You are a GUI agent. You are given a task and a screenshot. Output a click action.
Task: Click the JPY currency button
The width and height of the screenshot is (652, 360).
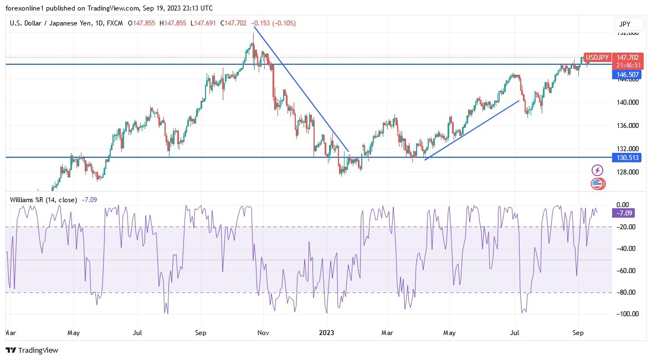coord(629,24)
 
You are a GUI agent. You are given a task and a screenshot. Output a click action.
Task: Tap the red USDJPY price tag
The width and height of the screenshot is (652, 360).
coord(598,58)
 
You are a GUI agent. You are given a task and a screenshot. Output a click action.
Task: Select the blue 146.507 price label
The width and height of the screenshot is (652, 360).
coord(627,74)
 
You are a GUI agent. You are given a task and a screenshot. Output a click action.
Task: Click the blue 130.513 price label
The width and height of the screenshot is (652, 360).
coord(627,158)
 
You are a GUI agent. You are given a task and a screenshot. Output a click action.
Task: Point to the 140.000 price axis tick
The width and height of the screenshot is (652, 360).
coord(628,102)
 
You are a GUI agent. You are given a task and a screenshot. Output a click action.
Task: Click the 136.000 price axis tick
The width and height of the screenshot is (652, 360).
coord(628,126)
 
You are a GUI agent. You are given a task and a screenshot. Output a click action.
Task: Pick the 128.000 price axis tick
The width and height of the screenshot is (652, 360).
coord(628,172)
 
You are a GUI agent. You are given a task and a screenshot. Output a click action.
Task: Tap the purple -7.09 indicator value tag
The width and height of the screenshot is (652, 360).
coord(623,213)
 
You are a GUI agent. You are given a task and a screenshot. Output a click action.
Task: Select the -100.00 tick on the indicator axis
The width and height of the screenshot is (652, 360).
coord(626,314)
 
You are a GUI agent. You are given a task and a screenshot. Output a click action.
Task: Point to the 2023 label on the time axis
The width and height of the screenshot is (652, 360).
coord(327,333)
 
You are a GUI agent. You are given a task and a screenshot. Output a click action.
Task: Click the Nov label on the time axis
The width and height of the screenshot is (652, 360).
coord(264,333)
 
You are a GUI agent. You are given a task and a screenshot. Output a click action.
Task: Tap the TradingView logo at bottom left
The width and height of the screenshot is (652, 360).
coord(32,350)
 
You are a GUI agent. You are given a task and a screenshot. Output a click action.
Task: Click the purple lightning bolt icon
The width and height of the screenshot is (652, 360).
coord(597,170)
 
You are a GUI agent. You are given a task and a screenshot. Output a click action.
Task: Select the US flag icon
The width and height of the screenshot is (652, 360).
coord(597,184)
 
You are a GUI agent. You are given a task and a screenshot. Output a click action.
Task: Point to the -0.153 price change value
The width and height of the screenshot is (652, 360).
coord(261,23)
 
